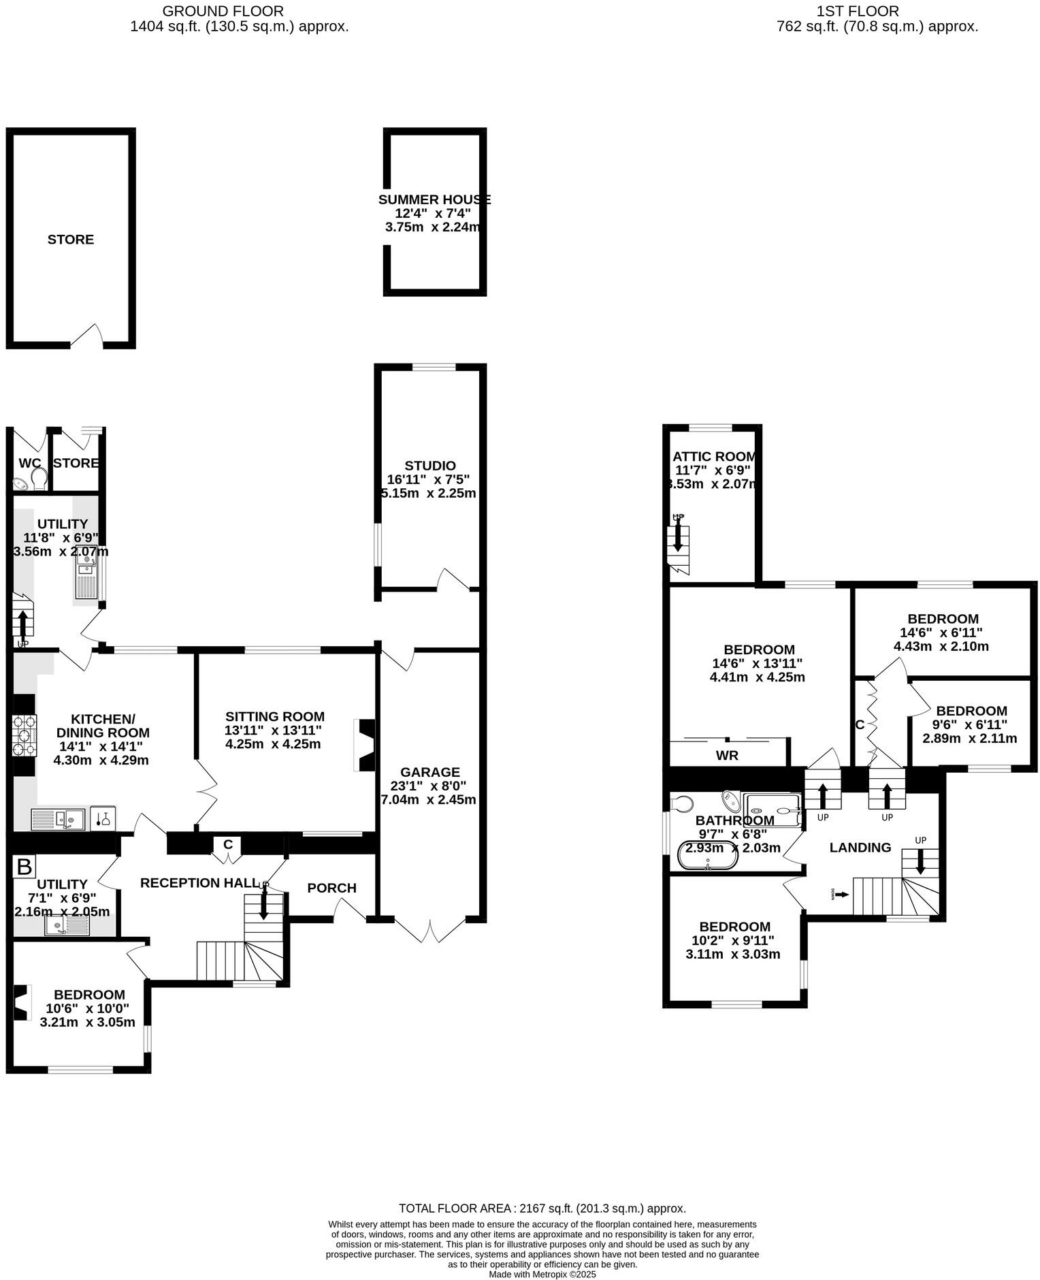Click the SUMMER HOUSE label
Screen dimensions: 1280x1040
[434, 199]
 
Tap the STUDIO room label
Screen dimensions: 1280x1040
[429, 466]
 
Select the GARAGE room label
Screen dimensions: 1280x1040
[429, 772]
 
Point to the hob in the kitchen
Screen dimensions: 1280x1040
[25, 735]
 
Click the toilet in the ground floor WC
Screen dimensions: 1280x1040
[39, 478]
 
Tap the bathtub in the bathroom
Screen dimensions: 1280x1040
[708, 855]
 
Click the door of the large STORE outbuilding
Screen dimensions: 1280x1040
[87, 336]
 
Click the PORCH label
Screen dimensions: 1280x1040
[331, 888]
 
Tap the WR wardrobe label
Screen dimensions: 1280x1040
[727, 755]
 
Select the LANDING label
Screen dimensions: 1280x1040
[860, 847]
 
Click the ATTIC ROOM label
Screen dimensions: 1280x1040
[714, 457]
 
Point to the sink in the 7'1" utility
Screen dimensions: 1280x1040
[67, 925]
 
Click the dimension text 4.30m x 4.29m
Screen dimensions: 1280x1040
[101, 760]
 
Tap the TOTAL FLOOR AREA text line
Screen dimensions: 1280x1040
[542, 1209]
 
